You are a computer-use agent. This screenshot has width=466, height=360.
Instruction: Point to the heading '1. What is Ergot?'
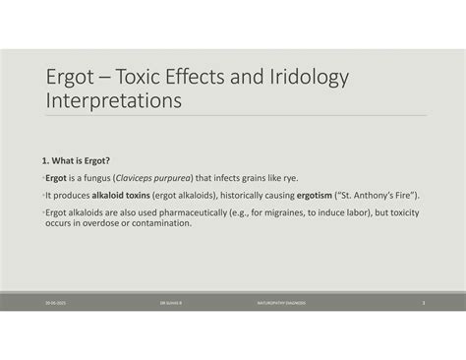coord(75,160)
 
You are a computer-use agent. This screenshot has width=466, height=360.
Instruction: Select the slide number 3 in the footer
coord(424,303)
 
